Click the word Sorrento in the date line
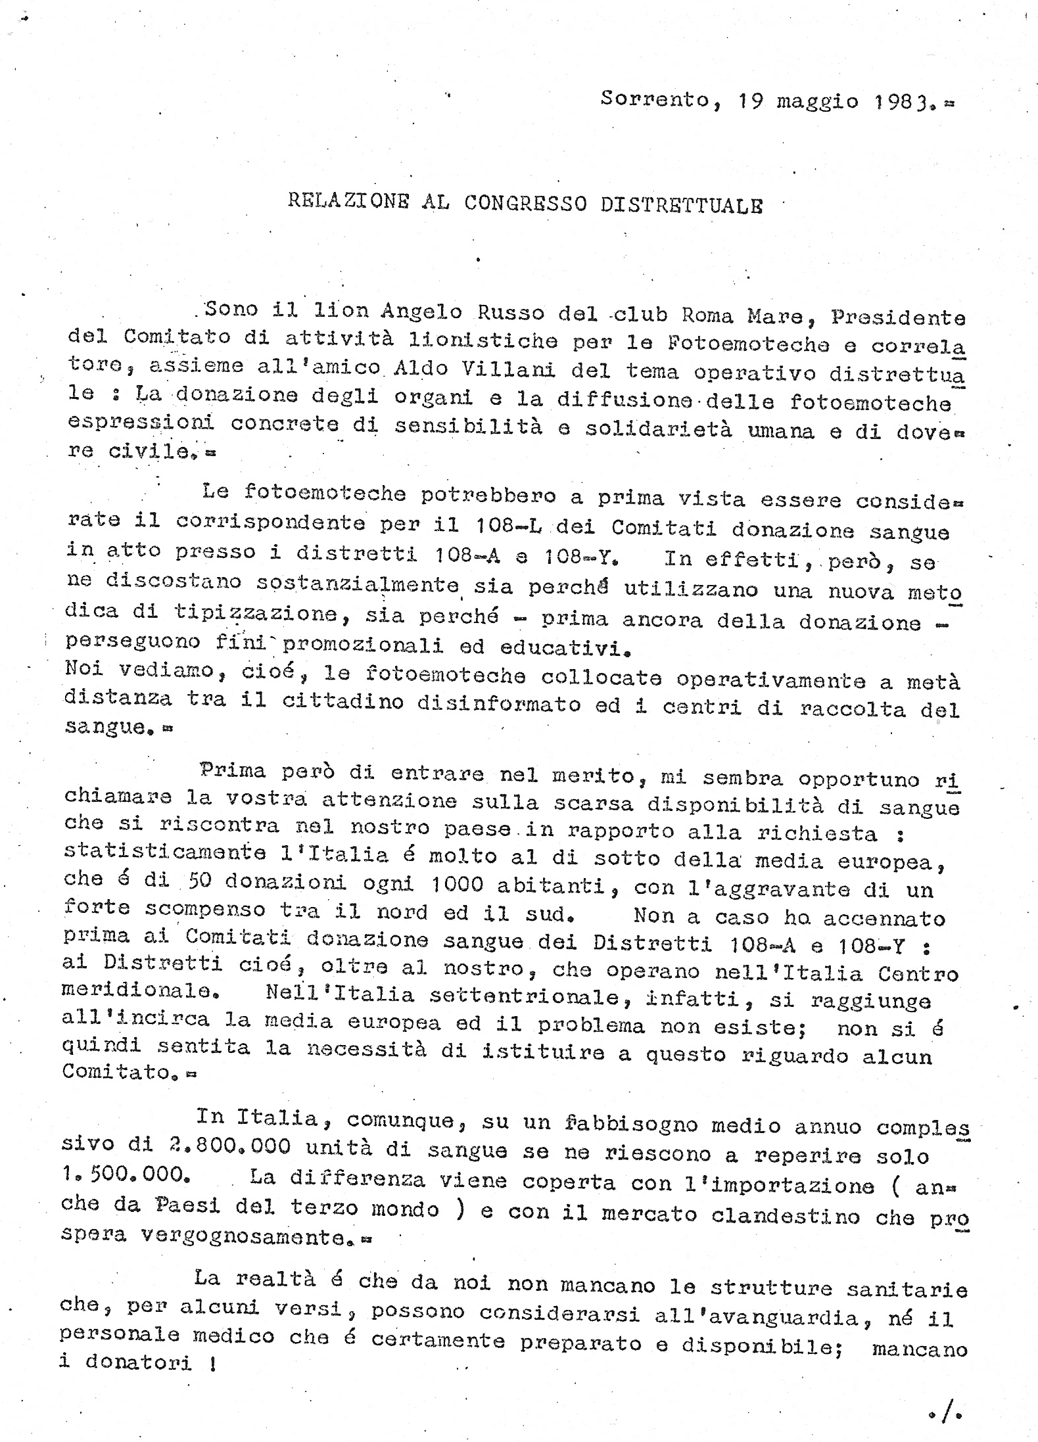(655, 99)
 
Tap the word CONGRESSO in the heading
(525, 203)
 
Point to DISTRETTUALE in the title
(681, 205)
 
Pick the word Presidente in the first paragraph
(898, 317)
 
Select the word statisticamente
(164, 852)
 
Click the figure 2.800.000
(224, 1147)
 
